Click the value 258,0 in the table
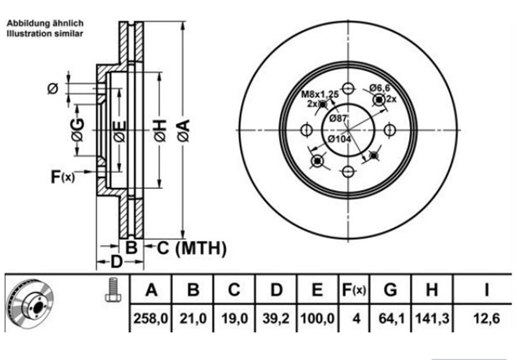pyautogui.click(x=151, y=319)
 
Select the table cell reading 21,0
pyautogui.click(x=193, y=319)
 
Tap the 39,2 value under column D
pyautogui.click(x=276, y=319)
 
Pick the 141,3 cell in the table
pyautogui.click(x=432, y=319)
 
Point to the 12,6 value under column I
pyautogui.click(x=486, y=319)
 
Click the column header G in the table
pyautogui.click(x=390, y=290)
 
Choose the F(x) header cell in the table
pyautogui.click(x=354, y=290)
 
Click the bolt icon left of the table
pyautogui.click(x=113, y=290)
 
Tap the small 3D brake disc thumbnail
pyautogui.click(x=30, y=304)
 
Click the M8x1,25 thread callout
pyautogui.click(x=320, y=94)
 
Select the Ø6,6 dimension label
pyautogui.click(x=380, y=88)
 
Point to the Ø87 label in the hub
pyautogui.click(x=338, y=118)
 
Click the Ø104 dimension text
pyautogui.click(x=339, y=139)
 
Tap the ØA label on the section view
pyautogui.click(x=184, y=130)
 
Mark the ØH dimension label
pyautogui.click(x=160, y=130)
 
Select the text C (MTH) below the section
pyautogui.click(x=191, y=248)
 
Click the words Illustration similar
pyautogui.click(x=45, y=34)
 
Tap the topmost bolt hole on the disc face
pyautogui.click(x=348, y=88)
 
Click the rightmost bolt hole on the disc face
pyautogui.click(x=390, y=130)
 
